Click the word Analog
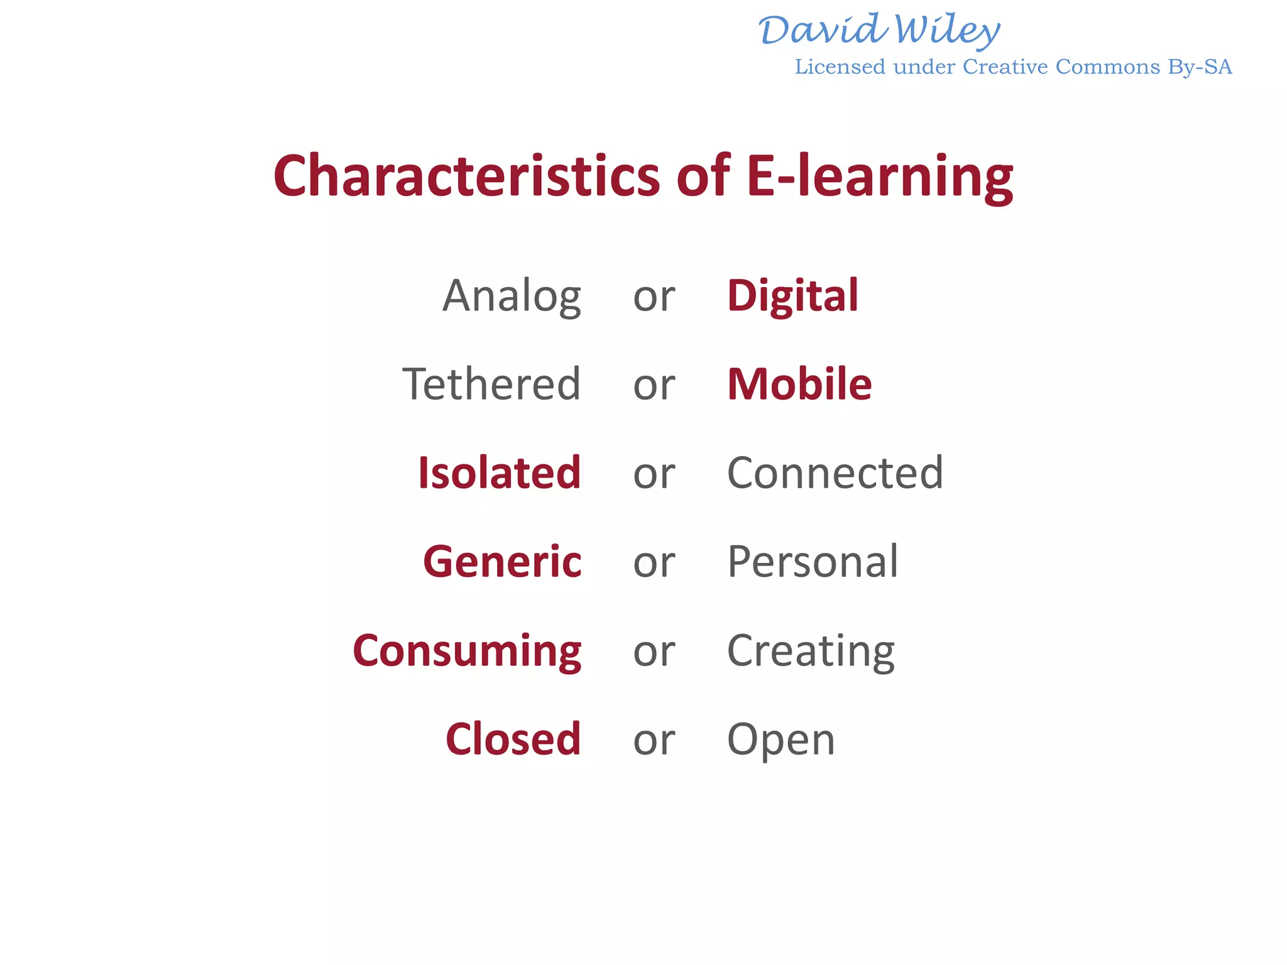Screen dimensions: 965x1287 click(512, 297)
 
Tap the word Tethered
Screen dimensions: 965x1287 click(491, 384)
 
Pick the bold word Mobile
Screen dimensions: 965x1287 click(799, 384)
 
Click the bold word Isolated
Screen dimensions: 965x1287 click(500, 472)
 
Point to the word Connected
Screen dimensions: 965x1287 click(835, 472)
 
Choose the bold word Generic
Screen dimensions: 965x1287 click(502, 561)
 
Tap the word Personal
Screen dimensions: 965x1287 click(813, 561)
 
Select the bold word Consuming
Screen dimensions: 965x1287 click(467, 651)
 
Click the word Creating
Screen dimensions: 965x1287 click(811, 651)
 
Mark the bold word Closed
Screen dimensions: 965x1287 click(513, 739)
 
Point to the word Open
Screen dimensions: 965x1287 click(781, 740)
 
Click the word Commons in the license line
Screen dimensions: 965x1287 click(1107, 67)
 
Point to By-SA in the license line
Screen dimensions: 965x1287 click(1200, 67)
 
